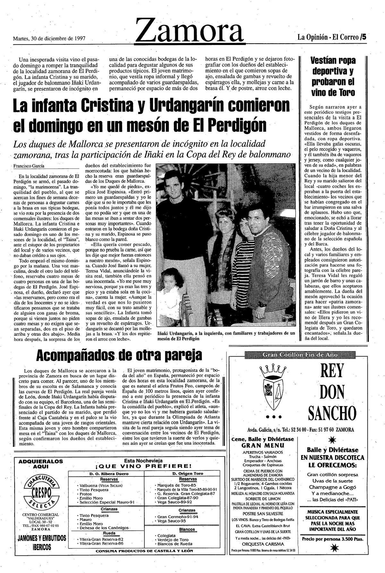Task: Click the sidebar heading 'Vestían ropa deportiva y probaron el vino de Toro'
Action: [x=333, y=76]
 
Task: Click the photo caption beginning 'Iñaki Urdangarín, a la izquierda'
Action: [x=226, y=336]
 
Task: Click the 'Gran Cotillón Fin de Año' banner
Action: [x=300, y=354]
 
